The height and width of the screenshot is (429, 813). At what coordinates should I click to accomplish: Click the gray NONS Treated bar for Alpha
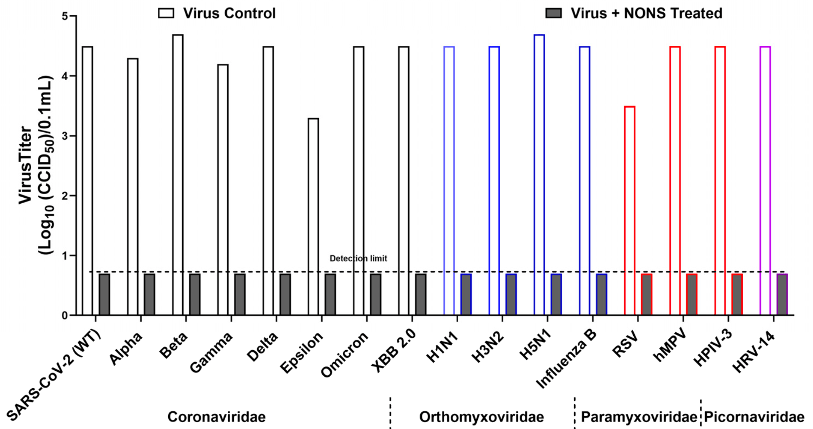149,294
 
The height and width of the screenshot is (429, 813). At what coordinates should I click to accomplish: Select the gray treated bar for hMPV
692,294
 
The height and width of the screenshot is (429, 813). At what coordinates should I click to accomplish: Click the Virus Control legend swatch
166,13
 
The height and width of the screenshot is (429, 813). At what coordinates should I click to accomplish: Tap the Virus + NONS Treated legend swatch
553,13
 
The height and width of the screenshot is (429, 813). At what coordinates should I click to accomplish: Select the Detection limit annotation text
358,258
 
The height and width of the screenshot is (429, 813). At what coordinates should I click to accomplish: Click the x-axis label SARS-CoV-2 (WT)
54,375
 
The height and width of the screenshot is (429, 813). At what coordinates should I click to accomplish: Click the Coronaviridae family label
216,417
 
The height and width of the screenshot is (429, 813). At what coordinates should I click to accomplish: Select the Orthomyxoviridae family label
481,417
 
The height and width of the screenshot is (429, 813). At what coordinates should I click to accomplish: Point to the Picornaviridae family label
754,417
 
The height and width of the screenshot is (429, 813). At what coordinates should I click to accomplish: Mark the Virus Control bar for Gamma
223,190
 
